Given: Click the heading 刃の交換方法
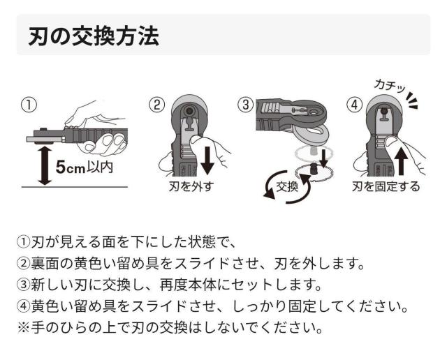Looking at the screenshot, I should [x=93, y=36].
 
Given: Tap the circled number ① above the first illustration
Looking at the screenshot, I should [x=28, y=105].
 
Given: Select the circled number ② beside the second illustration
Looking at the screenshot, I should [x=157, y=105].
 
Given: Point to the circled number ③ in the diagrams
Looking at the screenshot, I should [x=244, y=105].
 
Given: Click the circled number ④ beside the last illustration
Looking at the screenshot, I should [x=354, y=105].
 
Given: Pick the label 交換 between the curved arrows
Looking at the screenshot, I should [x=287, y=186].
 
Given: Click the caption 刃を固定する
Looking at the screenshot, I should [x=386, y=188].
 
